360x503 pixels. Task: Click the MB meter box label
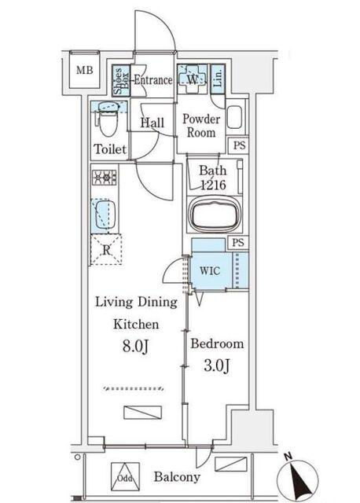click(84, 70)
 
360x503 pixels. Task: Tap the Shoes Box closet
click(121, 80)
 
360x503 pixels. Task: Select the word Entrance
click(153, 80)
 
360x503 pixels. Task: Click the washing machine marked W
click(193, 79)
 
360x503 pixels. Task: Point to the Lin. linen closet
click(218, 79)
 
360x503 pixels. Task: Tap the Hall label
click(152, 123)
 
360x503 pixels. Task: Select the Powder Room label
click(201, 126)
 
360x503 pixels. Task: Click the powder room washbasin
click(235, 117)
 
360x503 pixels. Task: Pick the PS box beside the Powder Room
click(238, 145)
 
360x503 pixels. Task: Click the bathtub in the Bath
click(213, 214)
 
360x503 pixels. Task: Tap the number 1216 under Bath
click(213, 185)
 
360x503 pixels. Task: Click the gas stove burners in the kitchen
click(105, 178)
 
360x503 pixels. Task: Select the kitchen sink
click(104, 215)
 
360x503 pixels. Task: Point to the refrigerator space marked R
click(106, 249)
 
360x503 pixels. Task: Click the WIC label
click(210, 270)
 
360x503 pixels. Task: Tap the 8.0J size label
click(135, 346)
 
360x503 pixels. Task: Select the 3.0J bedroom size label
click(217, 365)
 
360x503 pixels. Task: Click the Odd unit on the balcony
click(125, 477)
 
